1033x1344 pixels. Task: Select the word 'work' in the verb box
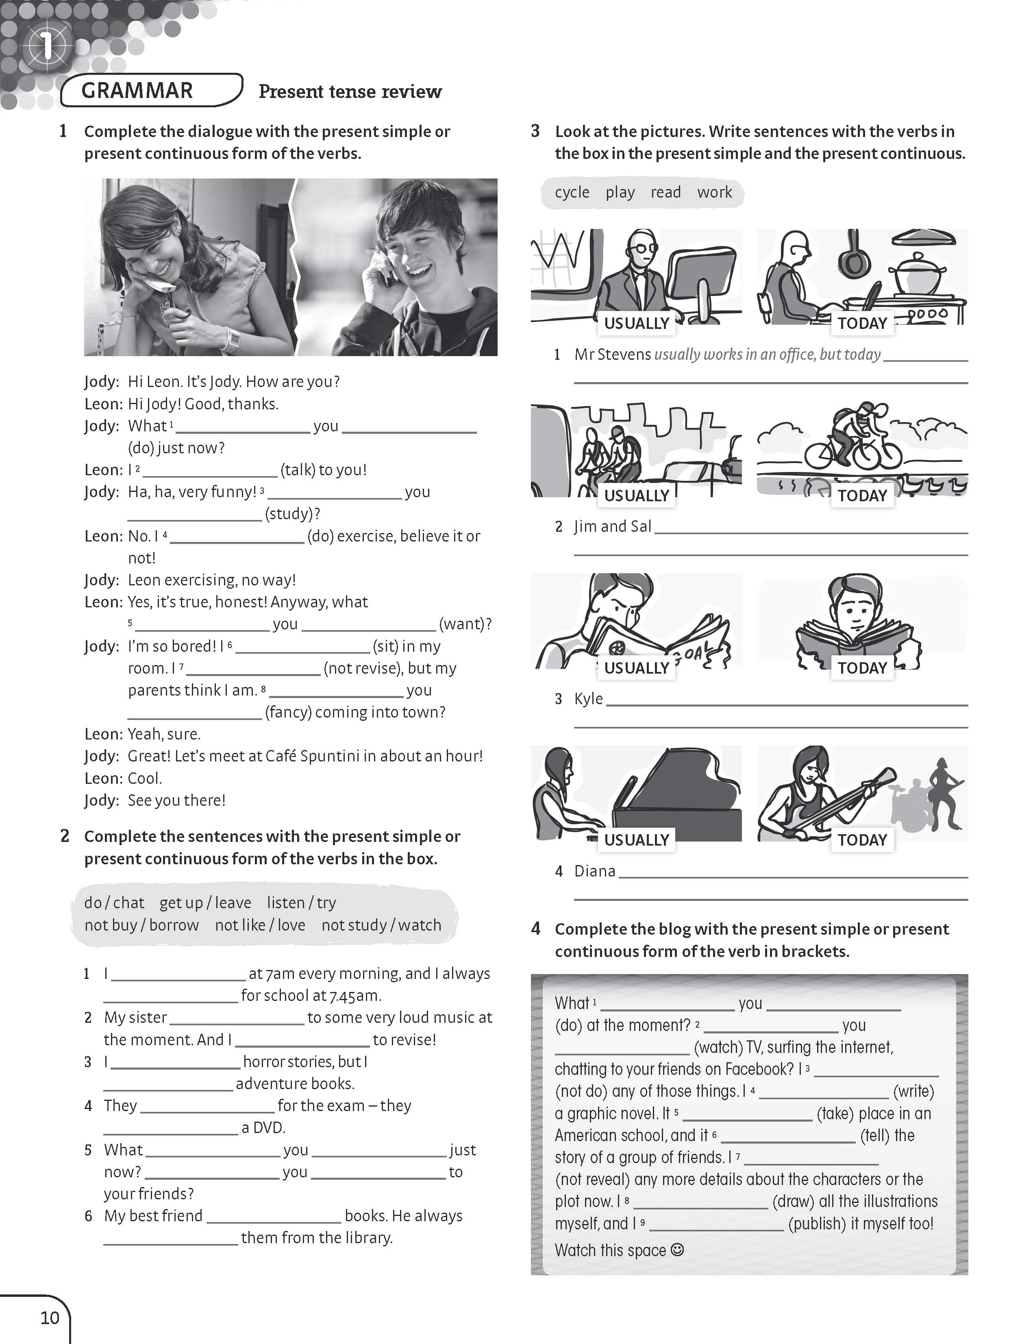pyautogui.click(x=715, y=192)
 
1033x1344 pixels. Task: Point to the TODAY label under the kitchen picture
pyautogui.click(x=862, y=323)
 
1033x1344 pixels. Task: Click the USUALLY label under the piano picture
pyautogui.click(x=636, y=840)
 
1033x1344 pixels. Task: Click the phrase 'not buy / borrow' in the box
pyautogui.click(x=141, y=925)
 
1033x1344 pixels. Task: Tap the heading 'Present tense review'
pyautogui.click(x=350, y=91)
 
